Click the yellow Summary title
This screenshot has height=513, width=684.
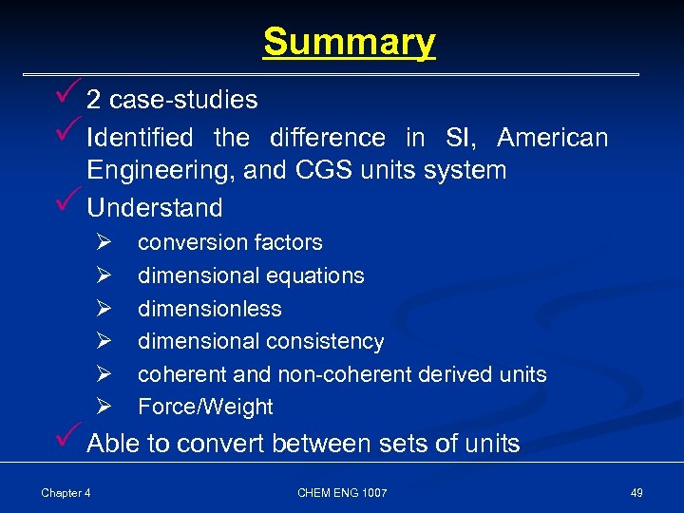[x=349, y=42]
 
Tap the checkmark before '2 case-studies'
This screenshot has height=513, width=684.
[x=65, y=95]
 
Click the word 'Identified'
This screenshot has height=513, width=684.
[x=140, y=138]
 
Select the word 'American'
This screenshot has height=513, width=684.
[x=552, y=138]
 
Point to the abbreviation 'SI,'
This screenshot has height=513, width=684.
[x=461, y=138]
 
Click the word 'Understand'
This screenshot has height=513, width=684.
[x=155, y=208]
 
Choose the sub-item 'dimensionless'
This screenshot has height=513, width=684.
[x=210, y=309]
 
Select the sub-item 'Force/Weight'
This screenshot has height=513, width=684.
[x=205, y=407]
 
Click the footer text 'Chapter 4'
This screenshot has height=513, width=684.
[x=66, y=492]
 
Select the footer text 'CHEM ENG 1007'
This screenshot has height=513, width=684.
[x=342, y=492]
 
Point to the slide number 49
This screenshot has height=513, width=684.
[x=636, y=492]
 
